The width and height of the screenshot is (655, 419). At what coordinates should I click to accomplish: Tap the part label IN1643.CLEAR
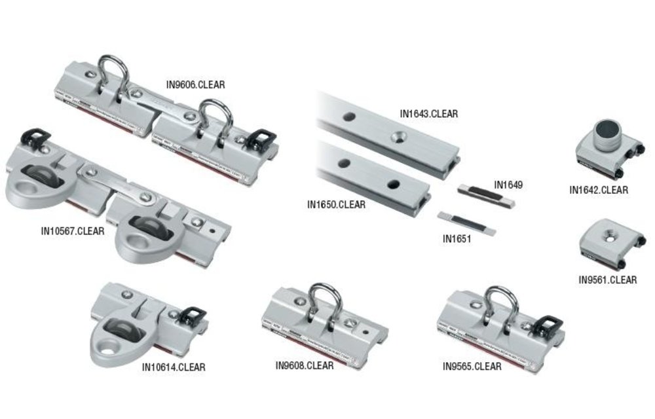click(429, 114)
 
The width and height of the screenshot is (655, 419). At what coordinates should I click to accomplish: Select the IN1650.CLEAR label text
click(336, 204)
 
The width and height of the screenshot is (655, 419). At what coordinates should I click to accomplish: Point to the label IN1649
click(508, 185)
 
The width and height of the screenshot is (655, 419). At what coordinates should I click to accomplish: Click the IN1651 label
click(457, 239)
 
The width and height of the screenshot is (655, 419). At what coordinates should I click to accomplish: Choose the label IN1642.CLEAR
click(598, 191)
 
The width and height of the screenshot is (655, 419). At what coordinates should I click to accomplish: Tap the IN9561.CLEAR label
click(607, 280)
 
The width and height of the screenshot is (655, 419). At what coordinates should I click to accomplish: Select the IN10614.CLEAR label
click(174, 367)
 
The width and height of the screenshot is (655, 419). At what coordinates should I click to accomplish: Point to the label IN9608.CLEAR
click(304, 365)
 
